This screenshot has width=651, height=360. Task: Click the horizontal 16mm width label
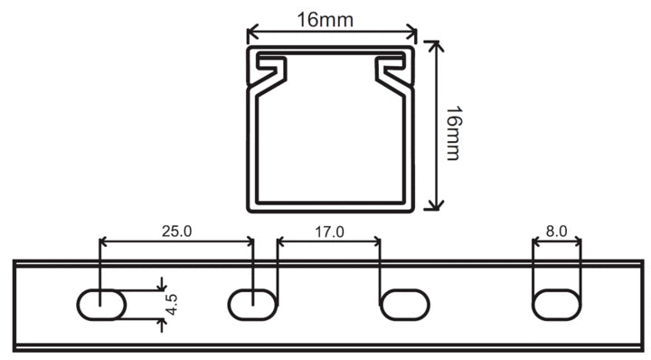tap(325, 20)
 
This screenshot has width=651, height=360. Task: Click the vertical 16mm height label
tap(453, 133)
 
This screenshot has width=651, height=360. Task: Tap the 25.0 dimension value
tap(177, 232)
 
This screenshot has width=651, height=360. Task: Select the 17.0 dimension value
tap(329, 232)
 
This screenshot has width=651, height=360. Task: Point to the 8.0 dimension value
tap(556, 232)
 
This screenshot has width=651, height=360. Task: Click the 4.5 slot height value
tap(171, 304)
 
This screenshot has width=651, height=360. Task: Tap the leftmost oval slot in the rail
tap(101, 305)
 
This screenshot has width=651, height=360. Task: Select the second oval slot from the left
tap(253, 305)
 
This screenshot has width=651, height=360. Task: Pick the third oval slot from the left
tap(405, 305)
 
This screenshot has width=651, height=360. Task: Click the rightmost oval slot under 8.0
tap(557, 305)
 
